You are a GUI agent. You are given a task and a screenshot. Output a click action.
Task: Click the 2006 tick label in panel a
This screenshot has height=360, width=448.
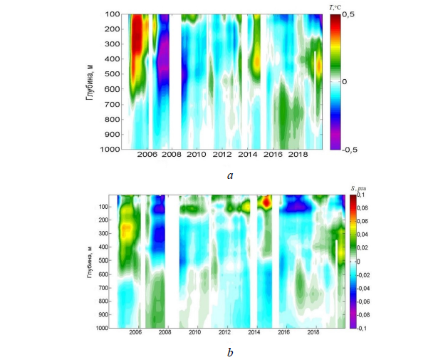point(146,155)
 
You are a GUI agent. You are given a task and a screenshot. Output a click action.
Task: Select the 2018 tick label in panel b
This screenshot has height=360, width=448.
point(313,332)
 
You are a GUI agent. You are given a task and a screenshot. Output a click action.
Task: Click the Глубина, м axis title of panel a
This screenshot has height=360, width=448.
point(90,82)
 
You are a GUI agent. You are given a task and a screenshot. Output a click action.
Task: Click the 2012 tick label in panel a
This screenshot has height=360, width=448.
point(222,155)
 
